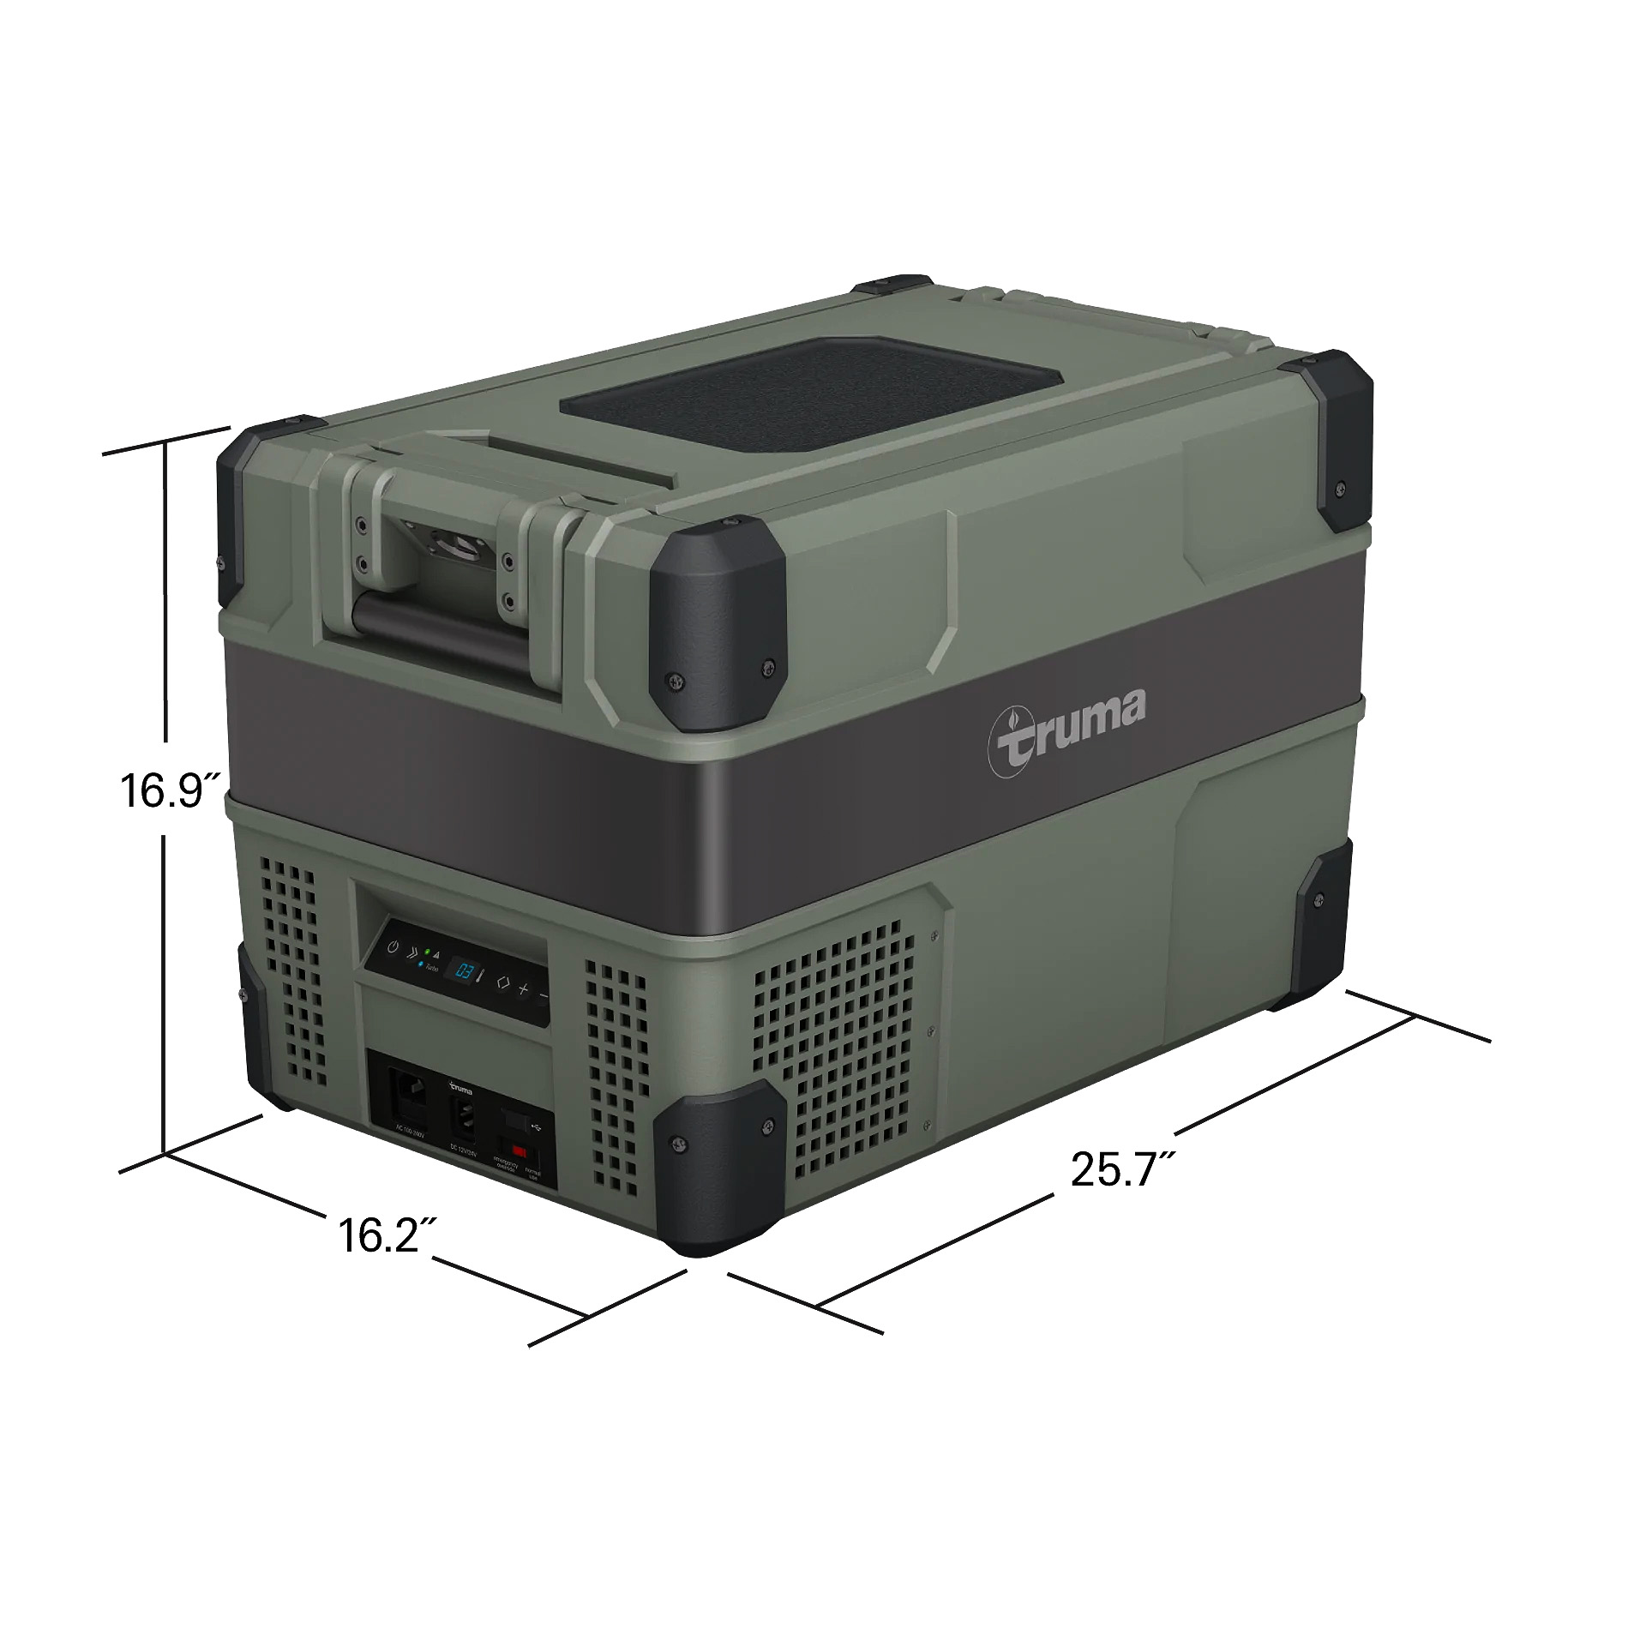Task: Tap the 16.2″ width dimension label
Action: [x=378, y=1235]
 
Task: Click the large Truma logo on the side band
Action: [x=1067, y=736]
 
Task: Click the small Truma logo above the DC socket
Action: [x=461, y=1090]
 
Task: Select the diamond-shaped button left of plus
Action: [x=503, y=983]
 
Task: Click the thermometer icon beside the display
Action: [x=481, y=976]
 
